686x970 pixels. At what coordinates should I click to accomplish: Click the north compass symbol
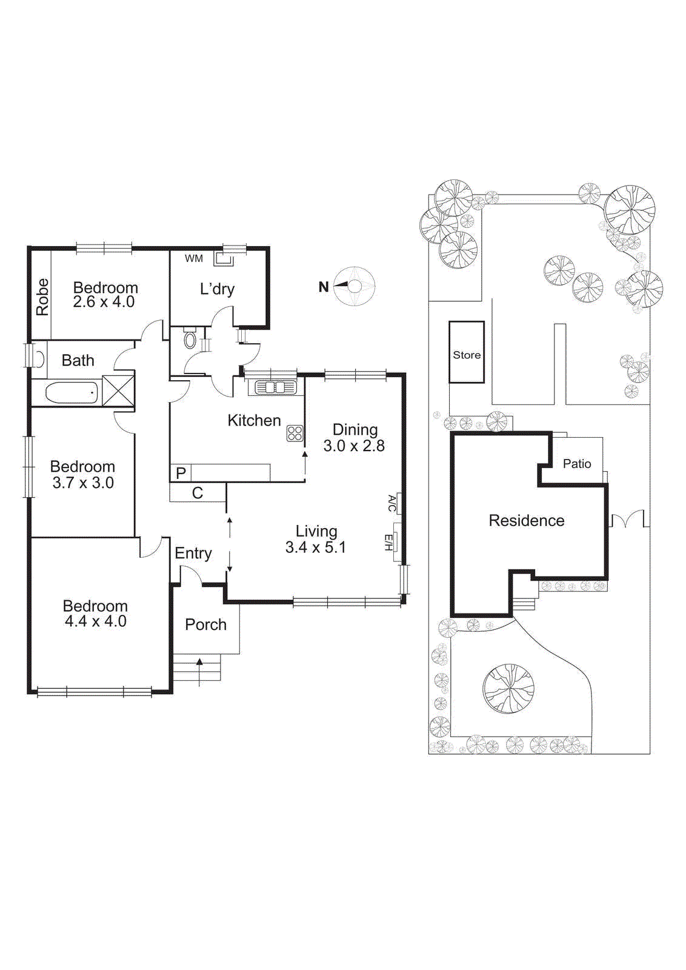click(355, 286)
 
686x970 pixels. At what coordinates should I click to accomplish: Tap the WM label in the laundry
click(194, 259)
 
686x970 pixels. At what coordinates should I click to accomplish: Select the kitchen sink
click(275, 387)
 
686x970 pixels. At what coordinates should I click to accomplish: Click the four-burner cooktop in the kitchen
click(295, 433)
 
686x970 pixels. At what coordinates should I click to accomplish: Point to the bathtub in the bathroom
click(72, 393)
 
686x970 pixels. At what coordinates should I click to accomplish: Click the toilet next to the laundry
click(190, 339)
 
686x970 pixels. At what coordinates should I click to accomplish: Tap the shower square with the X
click(118, 390)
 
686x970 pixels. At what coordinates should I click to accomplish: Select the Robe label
click(42, 297)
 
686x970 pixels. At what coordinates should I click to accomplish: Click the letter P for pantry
click(181, 473)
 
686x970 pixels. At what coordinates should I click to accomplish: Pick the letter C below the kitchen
click(198, 493)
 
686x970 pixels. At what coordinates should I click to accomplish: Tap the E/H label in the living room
click(389, 542)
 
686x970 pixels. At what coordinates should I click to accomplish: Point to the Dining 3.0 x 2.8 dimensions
click(354, 446)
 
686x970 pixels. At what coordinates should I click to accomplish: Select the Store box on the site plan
click(467, 353)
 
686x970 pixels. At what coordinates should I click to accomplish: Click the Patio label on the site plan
click(576, 464)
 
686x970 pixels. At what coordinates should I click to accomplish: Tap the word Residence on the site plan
click(526, 520)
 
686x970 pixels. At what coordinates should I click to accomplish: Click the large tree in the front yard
click(508, 689)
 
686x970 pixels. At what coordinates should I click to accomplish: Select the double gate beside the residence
click(627, 520)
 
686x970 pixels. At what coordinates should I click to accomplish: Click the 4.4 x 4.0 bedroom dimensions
click(96, 621)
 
